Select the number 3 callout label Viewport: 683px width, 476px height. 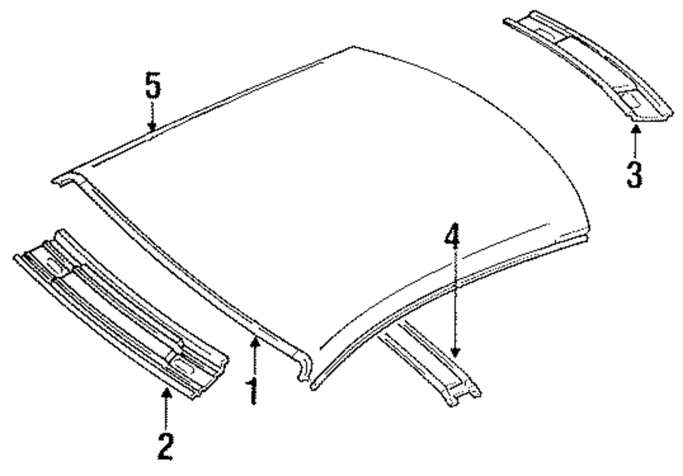coord(635,173)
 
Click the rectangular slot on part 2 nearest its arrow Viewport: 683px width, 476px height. coord(183,366)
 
